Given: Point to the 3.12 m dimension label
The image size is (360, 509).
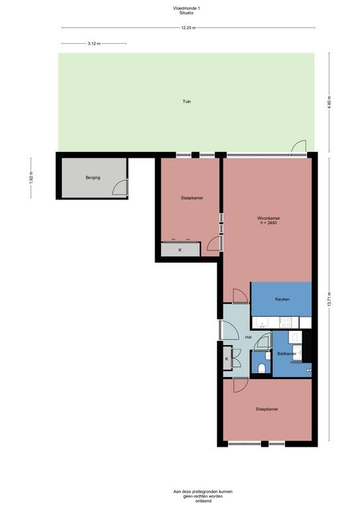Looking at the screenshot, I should point(93,43).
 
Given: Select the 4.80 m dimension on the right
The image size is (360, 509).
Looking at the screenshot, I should point(330,102).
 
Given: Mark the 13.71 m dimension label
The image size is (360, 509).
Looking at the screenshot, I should point(330,300).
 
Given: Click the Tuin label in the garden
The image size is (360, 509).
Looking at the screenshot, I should point(187,101).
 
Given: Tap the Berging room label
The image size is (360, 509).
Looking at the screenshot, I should point(92,178).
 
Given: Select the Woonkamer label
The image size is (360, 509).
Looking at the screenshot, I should point(267,218).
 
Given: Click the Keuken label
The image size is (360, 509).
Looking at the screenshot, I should point(282,299).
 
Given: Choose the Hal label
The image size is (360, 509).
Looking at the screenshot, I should point(249,337).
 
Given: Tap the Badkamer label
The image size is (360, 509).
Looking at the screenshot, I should point(286,354).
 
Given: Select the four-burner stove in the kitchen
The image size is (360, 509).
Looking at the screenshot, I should point(286,322).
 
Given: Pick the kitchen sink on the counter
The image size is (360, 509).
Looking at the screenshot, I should point(263,323).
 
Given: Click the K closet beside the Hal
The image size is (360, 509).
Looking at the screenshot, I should point(227,359).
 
